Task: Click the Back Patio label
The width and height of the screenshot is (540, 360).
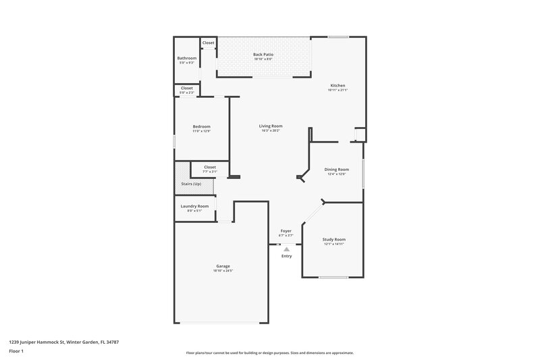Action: click(x=263, y=54)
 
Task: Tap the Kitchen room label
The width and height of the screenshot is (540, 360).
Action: click(x=337, y=86)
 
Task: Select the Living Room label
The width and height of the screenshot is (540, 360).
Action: click(x=271, y=126)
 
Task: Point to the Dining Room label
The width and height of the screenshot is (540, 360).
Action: click(x=337, y=170)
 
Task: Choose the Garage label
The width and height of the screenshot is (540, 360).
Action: click(x=223, y=266)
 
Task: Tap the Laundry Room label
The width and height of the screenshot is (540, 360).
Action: click(x=194, y=206)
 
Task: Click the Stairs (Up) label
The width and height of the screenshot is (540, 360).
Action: click(x=191, y=184)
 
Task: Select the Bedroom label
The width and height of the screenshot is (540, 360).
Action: click(x=201, y=126)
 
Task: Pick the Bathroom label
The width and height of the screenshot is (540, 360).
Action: click(x=187, y=58)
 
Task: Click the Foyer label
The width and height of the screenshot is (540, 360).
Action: click(x=286, y=231)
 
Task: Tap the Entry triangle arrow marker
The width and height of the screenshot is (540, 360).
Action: click(x=286, y=249)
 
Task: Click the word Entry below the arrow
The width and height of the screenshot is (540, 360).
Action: click(x=286, y=256)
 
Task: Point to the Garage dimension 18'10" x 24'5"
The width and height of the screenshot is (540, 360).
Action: click(x=223, y=271)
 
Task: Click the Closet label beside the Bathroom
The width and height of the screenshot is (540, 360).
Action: click(x=209, y=43)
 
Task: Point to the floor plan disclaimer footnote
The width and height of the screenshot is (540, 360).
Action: click(x=270, y=353)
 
